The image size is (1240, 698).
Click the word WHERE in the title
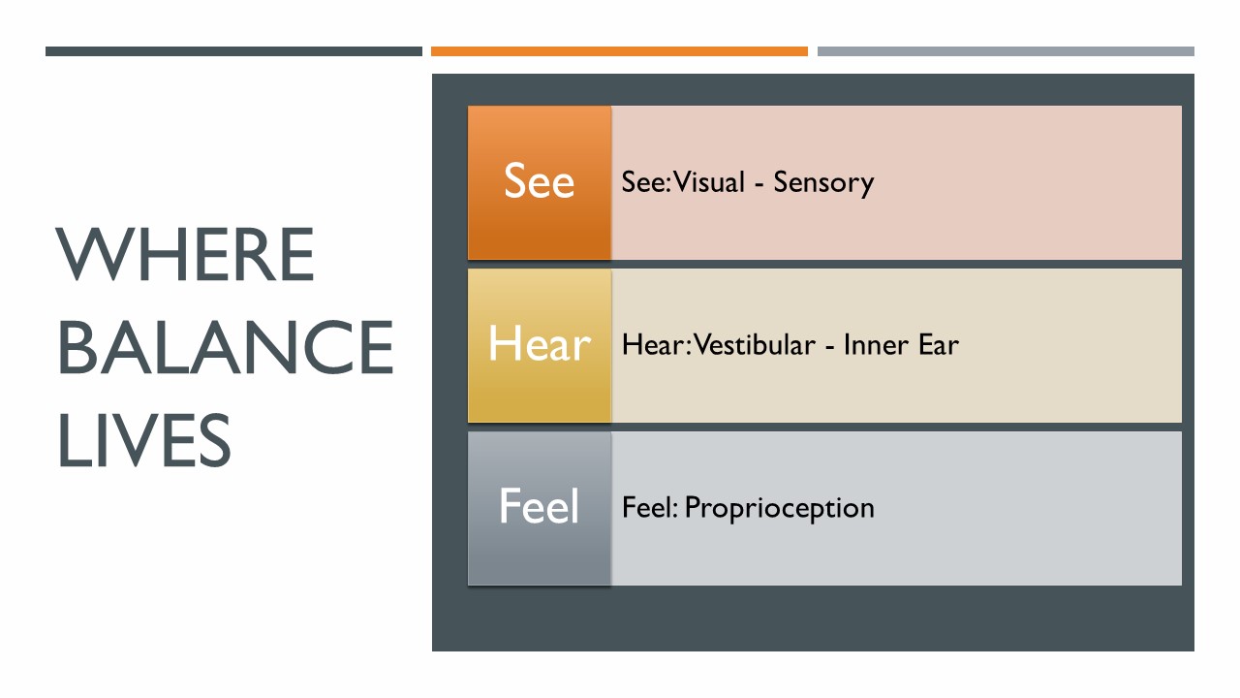click(x=185, y=254)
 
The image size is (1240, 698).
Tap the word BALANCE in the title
click(x=226, y=347)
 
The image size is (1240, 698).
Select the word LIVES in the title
click(x=144, y=440)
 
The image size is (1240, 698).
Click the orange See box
click(x=540, y=182)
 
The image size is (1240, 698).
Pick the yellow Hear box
click(x=540, y=345)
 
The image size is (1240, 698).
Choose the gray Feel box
click(x=540, y=508)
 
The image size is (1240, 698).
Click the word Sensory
click(x=823, y=183)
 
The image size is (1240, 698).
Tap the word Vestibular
click(x=755, y=344)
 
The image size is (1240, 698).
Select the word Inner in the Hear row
click(x=876, y=345)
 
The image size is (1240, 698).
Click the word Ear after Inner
click(x=939, y=345)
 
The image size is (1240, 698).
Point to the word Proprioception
click(x=780, y=509)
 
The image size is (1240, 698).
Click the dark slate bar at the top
click(x=233, y=51)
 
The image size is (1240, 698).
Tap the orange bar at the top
click(x=619, y=51)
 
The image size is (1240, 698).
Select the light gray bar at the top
click(x=1006, y=51)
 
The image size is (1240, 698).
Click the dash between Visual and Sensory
click(x=759, y=184)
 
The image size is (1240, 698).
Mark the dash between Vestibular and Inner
click(x=830, y=347)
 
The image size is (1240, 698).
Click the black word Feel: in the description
click(x=650, y=507)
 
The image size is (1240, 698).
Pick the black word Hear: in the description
click(x=657, y=344)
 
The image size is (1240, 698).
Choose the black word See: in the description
click(x=646, y=181)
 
